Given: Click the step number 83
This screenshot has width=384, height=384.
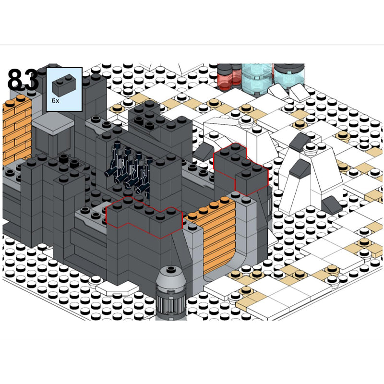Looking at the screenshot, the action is tap(23, 80).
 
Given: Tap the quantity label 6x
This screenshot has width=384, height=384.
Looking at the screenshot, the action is tap(55, 101).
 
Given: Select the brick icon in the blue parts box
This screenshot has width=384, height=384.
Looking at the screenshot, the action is tap(64, 85).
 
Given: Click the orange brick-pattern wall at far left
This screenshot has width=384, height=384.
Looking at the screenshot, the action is tap(17, 130).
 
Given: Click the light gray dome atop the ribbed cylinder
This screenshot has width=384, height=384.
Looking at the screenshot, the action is tap(171, 277).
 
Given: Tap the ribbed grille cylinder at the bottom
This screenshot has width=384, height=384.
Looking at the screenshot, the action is tap(171, 304).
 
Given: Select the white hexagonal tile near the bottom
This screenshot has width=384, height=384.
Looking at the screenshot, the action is tap(118, 288).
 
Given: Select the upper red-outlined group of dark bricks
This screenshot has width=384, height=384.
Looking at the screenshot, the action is tap(241, 169).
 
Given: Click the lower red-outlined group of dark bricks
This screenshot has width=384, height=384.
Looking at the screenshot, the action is tap(144, 217).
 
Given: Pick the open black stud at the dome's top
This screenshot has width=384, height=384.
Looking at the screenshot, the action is tap(171, 269).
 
